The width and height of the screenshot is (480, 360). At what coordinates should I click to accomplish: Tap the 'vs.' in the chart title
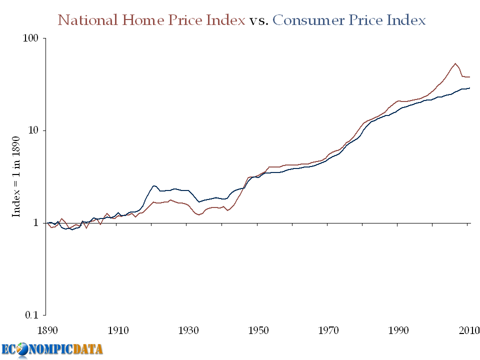pyautogui.click(x=259, y=20)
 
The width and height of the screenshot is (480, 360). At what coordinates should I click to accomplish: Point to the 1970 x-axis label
pyautogui.click(x=328, y=330)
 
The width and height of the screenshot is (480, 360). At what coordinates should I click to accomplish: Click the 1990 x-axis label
pyautogui.click(x=399, y=330)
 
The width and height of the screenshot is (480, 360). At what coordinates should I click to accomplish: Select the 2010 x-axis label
pyautogui.click(x=468, y=330)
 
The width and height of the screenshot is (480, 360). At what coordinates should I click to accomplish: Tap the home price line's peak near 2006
pyautogui.click(x=455, y=63)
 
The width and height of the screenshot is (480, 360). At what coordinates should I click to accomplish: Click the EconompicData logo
pyautogui.click(x=52, y=349)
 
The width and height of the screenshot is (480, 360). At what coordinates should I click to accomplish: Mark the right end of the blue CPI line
pyautogui.click(x=469, y=88)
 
